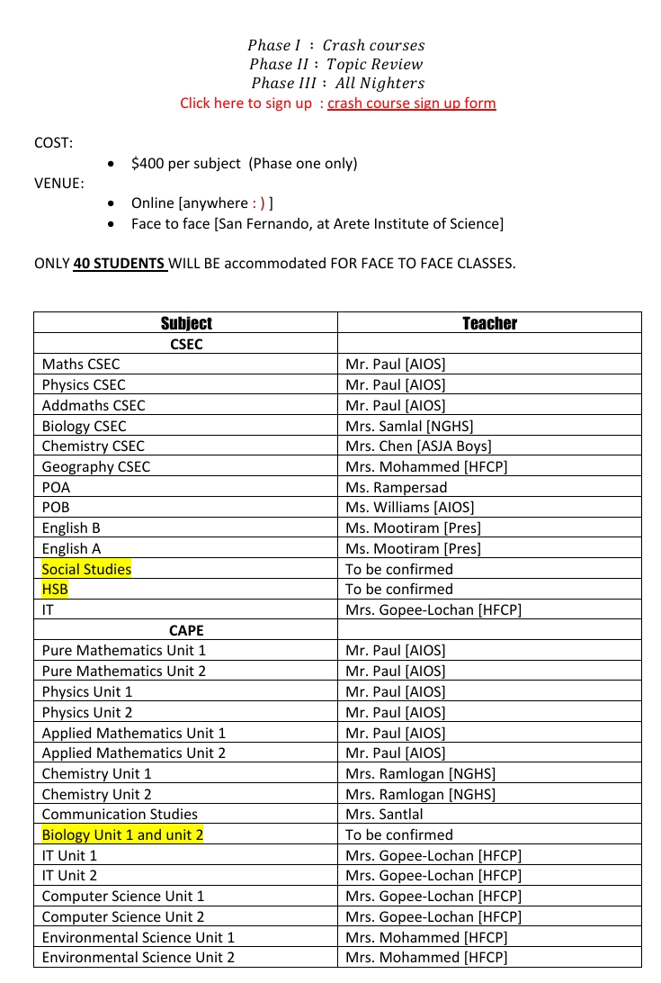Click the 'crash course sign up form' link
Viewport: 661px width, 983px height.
point(411,103)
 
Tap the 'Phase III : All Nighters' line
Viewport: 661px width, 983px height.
point(337,83)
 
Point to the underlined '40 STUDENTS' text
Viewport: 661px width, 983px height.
point(120,264)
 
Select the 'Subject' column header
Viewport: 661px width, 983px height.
point(186,323)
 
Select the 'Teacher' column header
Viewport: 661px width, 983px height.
point(489,323)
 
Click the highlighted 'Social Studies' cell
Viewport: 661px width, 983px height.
point(86,569)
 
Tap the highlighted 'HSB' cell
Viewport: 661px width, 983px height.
point(55,589)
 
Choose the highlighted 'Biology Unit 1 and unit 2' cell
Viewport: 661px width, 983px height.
point(122,834)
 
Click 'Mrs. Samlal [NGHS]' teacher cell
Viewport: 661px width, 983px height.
point(409,426)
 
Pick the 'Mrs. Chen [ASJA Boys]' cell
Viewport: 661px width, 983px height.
point(418,446)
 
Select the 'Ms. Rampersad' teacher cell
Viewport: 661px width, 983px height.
point(396,487)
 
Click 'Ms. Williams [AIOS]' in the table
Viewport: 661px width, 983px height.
point(409,507)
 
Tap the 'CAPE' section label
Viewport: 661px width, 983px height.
point(186,630)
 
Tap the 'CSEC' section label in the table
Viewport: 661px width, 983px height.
point(186,344)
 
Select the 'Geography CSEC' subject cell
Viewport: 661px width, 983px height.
point(96,466)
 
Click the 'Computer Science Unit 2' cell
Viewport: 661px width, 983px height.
point(123,916)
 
